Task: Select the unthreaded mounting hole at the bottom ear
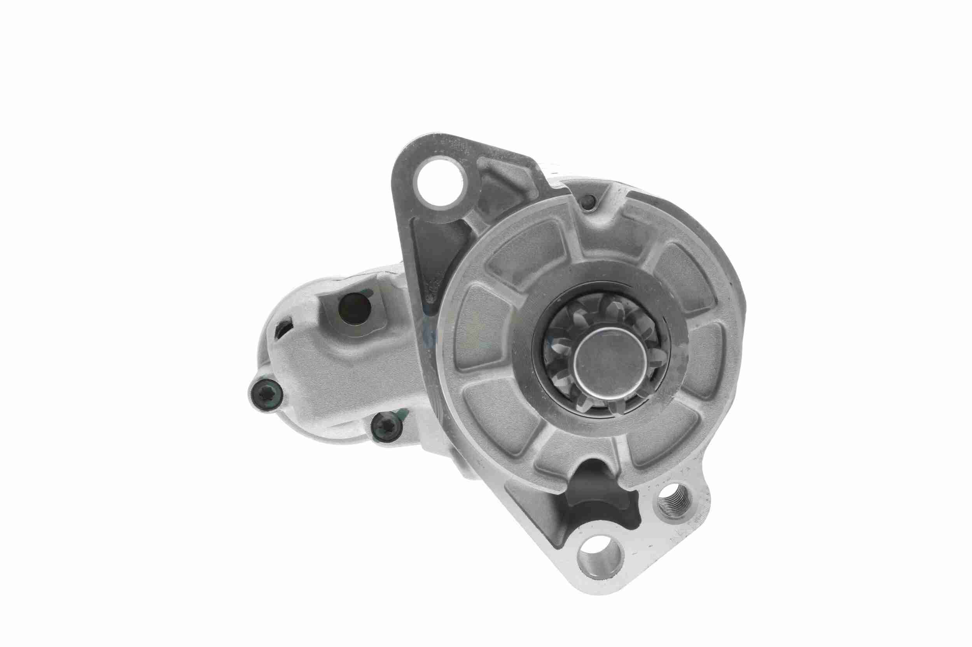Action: (600, 558)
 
